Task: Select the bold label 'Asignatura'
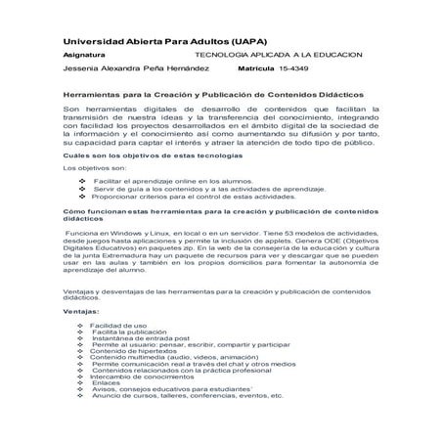85,58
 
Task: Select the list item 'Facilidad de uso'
118,325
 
